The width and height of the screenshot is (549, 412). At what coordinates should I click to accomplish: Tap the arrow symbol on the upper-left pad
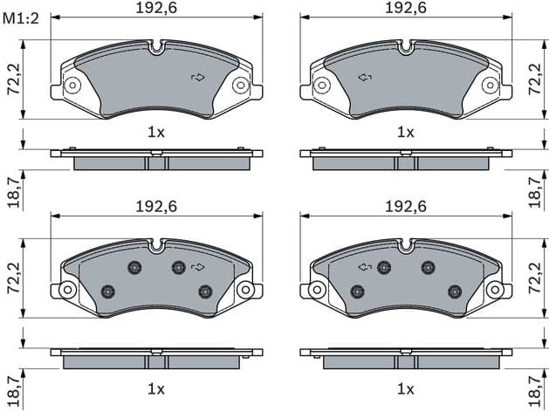(x=198, y=78)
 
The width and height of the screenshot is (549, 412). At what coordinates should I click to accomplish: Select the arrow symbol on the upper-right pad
(x=364, y=78)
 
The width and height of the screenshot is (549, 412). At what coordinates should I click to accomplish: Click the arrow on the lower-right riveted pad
(x=364, y=266)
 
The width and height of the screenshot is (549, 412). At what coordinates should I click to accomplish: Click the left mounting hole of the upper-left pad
(x=72, y=85)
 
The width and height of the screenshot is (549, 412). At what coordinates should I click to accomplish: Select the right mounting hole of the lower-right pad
(x=495, y=289)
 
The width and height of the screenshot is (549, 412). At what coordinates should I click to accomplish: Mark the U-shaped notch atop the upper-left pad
(x=156, y=48)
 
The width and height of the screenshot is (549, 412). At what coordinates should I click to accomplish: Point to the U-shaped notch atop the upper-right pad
(x=406, y=48)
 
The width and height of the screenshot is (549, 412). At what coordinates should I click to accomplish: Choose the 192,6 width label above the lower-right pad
(x=406, y=207)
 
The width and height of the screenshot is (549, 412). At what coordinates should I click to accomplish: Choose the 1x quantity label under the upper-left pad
(x=156, y=132)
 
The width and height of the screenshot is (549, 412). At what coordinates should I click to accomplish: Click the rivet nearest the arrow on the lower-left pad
(x=179, y=267)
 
